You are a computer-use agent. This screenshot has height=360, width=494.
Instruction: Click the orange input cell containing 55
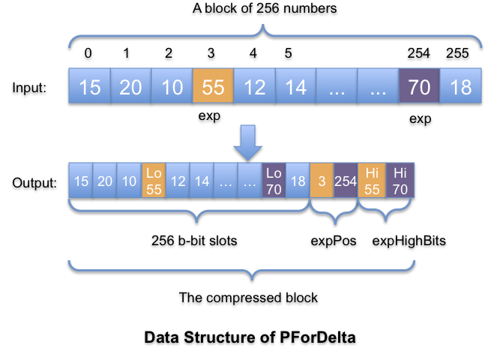[x=213, y=87]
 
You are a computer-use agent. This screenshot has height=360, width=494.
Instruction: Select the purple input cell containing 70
[x=419, y=87]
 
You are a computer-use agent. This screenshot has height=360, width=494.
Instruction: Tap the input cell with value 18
[x=460, y=87]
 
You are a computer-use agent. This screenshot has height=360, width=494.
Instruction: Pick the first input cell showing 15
[x=89, y=87]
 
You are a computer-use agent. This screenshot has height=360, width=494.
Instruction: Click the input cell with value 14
[x=295, y=87]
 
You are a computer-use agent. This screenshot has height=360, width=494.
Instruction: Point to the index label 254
[x=419, y=54]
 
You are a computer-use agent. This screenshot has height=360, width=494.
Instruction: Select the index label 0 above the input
[x=88, y=54]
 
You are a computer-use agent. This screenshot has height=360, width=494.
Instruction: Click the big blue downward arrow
[x=247, y=141]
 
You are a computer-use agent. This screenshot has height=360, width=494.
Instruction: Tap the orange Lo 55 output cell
[x=154, y=181]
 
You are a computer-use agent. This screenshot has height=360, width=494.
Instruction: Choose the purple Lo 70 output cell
[x=274, y=181]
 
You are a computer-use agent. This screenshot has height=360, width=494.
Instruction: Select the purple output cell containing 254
[x=346, y=181]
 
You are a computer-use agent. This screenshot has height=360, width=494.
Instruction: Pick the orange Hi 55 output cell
[x=371, y=181]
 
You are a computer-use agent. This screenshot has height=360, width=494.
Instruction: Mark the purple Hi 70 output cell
[x=400, y=181]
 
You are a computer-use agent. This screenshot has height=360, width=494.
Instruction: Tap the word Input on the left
[x=30, y=88]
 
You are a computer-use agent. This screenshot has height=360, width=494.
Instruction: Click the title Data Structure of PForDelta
[x=250, y=337]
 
